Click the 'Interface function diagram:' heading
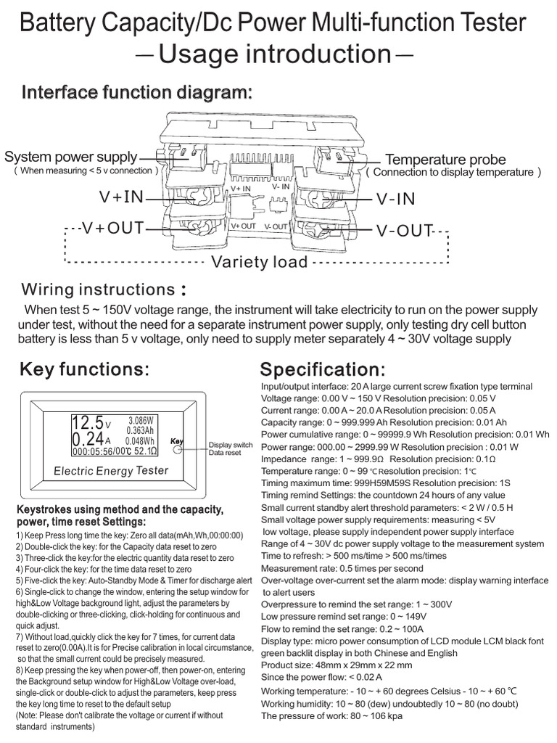(137, 94)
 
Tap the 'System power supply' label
(70, 157)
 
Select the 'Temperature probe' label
(445, 160)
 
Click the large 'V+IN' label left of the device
(122, 197)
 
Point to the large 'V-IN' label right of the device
(395, 199)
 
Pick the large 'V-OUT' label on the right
(404, 231)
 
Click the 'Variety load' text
(259, 262)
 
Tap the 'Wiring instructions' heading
(99, 290)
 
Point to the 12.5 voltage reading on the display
(87, 422)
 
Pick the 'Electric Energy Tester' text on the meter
(111, 471)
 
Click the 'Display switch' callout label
(231, 444)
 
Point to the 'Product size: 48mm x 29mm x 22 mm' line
(337, 665)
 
